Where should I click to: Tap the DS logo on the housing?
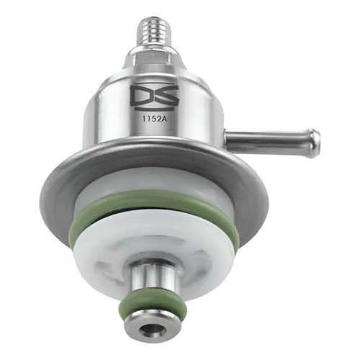pyautogui.click(x=155, y=96)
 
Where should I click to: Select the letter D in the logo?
pyautogui.click(x=141, y=94)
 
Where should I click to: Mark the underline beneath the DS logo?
pyautogui.click(x=154, y=109)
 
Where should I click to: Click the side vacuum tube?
pyautogui.click(x=272, y=143)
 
